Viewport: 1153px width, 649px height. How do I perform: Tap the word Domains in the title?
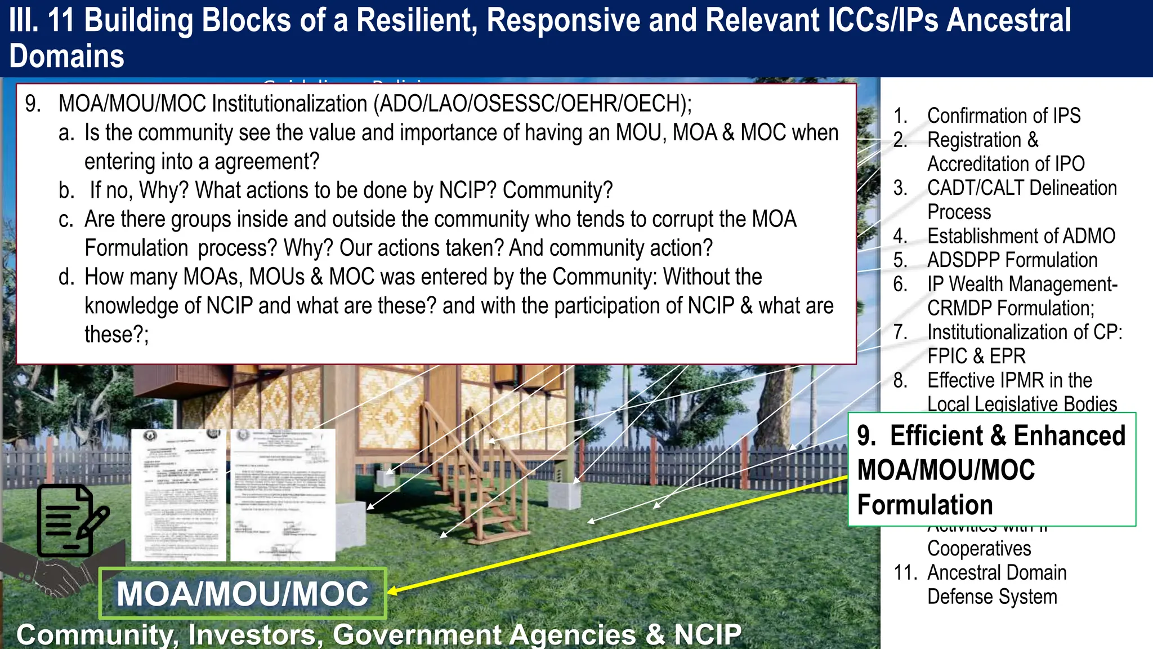pos(66,56)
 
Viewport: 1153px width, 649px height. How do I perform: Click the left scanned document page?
pos(178,495)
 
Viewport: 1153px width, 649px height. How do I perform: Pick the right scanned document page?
pos(283,495)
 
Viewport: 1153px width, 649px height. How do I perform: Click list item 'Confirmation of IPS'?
pos(1003,115)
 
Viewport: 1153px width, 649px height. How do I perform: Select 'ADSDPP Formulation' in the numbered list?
pos(1012,260)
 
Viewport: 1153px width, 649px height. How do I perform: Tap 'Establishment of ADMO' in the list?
pos(1021,236)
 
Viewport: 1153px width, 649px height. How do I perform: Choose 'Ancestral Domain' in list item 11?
pos(996,572)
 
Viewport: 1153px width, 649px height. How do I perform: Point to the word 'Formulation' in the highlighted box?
pos(924,505)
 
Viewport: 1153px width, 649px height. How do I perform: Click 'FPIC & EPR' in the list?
pos(976,357)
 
